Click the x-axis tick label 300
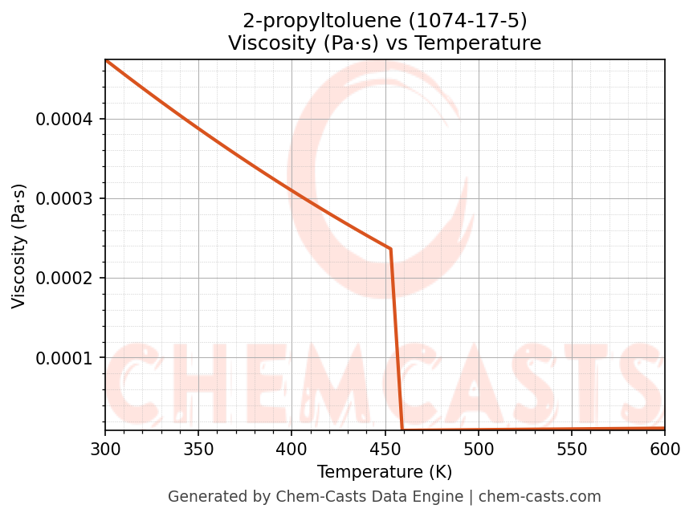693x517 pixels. pos(104,448)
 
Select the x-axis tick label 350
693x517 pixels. pos(198,448)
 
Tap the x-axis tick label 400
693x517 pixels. pos(291,448)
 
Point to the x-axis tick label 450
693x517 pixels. pos(385,448)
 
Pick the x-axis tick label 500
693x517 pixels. pos(479,448)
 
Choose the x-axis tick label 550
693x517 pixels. pos(572,448)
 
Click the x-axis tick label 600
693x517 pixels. pos(665,448)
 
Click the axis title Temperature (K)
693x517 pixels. pos(385,471)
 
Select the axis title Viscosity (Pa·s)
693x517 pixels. pos(19,246)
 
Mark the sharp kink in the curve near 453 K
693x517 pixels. pos(390,249)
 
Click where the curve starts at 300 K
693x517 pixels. pos(105,60)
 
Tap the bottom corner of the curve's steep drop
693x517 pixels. pos(402,429)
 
